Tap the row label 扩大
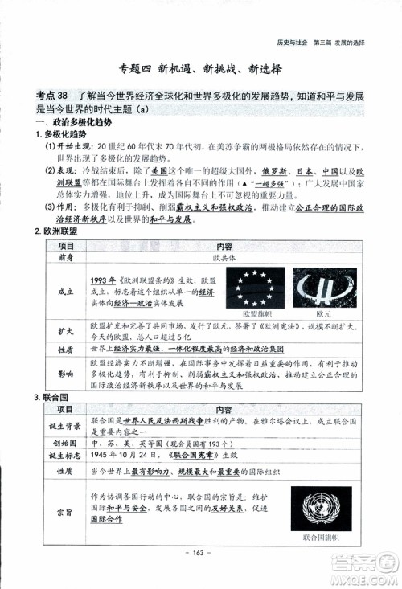click(66, 330)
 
